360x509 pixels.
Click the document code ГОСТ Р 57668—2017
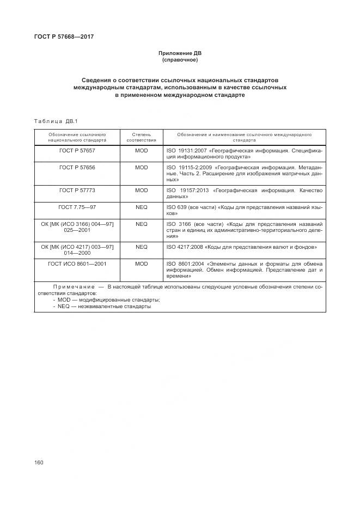60,37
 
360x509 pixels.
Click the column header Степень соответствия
141,137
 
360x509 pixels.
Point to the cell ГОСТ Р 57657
77,150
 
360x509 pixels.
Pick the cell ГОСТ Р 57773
77,191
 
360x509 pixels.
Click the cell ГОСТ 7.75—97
77,207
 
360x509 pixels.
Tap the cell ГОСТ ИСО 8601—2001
77,263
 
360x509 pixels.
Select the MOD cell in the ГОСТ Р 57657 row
141,150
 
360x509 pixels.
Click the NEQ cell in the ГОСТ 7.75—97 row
141,207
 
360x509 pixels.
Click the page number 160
39,462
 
